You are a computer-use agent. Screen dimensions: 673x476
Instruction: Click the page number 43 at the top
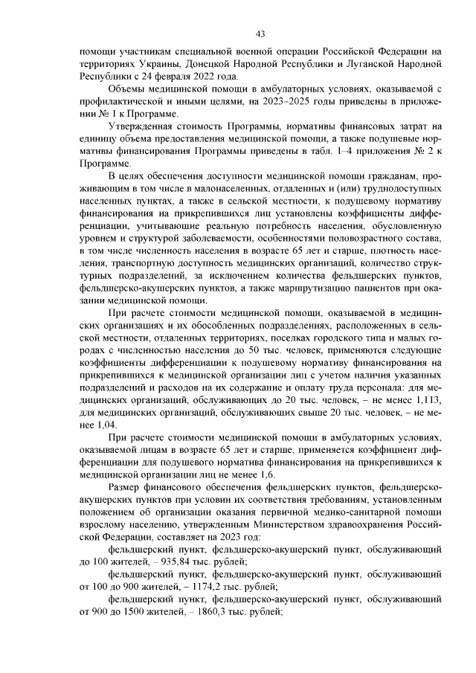pyautogui.click(x=260, y=33)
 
